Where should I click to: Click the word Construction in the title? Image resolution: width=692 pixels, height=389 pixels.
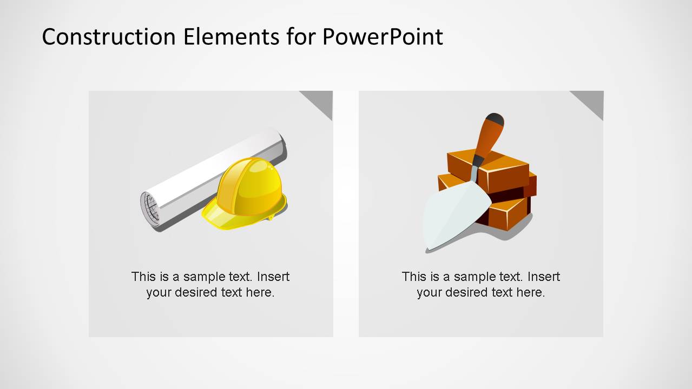click(109, 37)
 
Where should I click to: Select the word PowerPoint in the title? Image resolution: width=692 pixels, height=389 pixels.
click(383, 37)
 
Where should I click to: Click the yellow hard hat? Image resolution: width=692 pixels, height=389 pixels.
click(250, 184)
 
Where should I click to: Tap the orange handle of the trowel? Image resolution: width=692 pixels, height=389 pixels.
click(486, 140)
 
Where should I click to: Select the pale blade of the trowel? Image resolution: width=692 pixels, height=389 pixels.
click(452, 216)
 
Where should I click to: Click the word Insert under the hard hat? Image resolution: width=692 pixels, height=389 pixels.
click(273, 277)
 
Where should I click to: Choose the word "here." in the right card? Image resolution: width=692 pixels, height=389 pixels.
click(530, 293)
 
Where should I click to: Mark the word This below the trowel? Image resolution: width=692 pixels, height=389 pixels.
click(414, 277)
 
